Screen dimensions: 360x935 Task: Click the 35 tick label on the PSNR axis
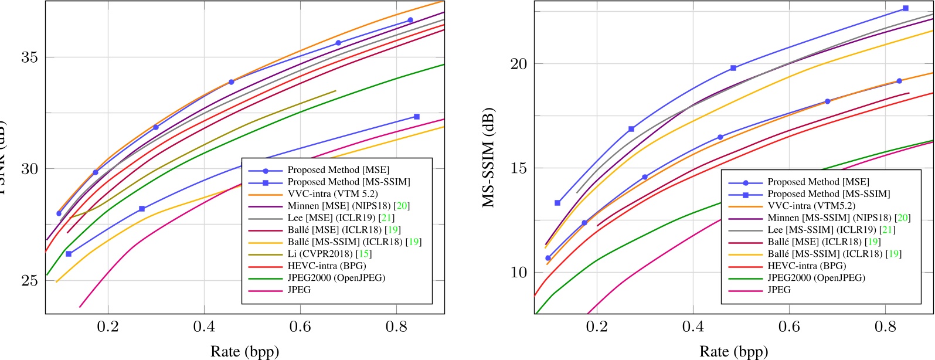click(29, 57)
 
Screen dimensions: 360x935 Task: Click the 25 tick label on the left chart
click(29, 280)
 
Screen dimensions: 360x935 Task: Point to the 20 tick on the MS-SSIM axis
click(518, 64)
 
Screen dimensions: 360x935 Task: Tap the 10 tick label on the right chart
click(518, 273)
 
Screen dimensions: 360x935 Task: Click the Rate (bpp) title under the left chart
click(244, 351)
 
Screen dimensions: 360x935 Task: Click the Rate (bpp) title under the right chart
click(733, 351)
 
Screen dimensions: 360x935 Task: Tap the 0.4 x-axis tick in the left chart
click(204, 326)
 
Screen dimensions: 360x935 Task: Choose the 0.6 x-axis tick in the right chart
click(789, 326)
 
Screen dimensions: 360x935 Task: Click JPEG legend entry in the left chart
click(299, 290)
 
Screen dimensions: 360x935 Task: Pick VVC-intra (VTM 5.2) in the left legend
click(332, 193)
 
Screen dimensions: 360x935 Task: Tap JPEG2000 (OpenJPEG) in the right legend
click(816, 278)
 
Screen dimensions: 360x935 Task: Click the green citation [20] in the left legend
click(402, 206)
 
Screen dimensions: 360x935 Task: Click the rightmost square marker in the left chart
click(417, 117)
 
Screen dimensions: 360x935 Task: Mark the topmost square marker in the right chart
click(906, 8)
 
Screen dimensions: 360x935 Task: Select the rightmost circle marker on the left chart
click(410, 20)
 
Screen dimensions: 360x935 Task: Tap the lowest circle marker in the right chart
click(548, 258)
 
